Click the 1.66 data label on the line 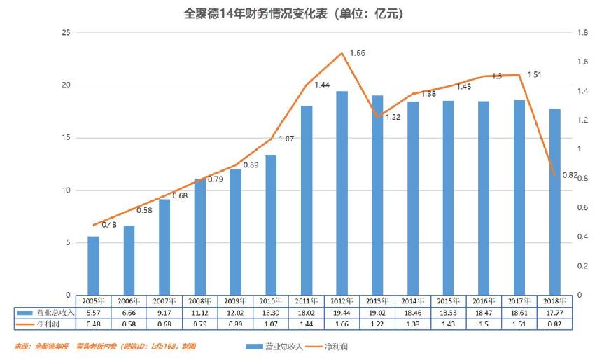tap(357, 53)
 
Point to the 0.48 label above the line tap(108, 225)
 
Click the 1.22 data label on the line tap(393, 118)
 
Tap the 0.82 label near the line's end tap(570, 175)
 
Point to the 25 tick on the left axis tap(65, 33)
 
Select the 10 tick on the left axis tap(65, 190)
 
